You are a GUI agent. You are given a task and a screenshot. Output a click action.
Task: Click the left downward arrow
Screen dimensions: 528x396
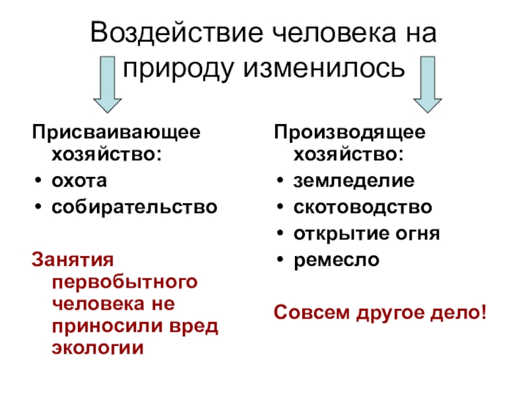[x=106, y=86]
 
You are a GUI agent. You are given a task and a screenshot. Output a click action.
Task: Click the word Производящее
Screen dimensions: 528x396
[x=350, y=131]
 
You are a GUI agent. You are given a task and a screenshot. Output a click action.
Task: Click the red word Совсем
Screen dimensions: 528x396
[x=310, y=310]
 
